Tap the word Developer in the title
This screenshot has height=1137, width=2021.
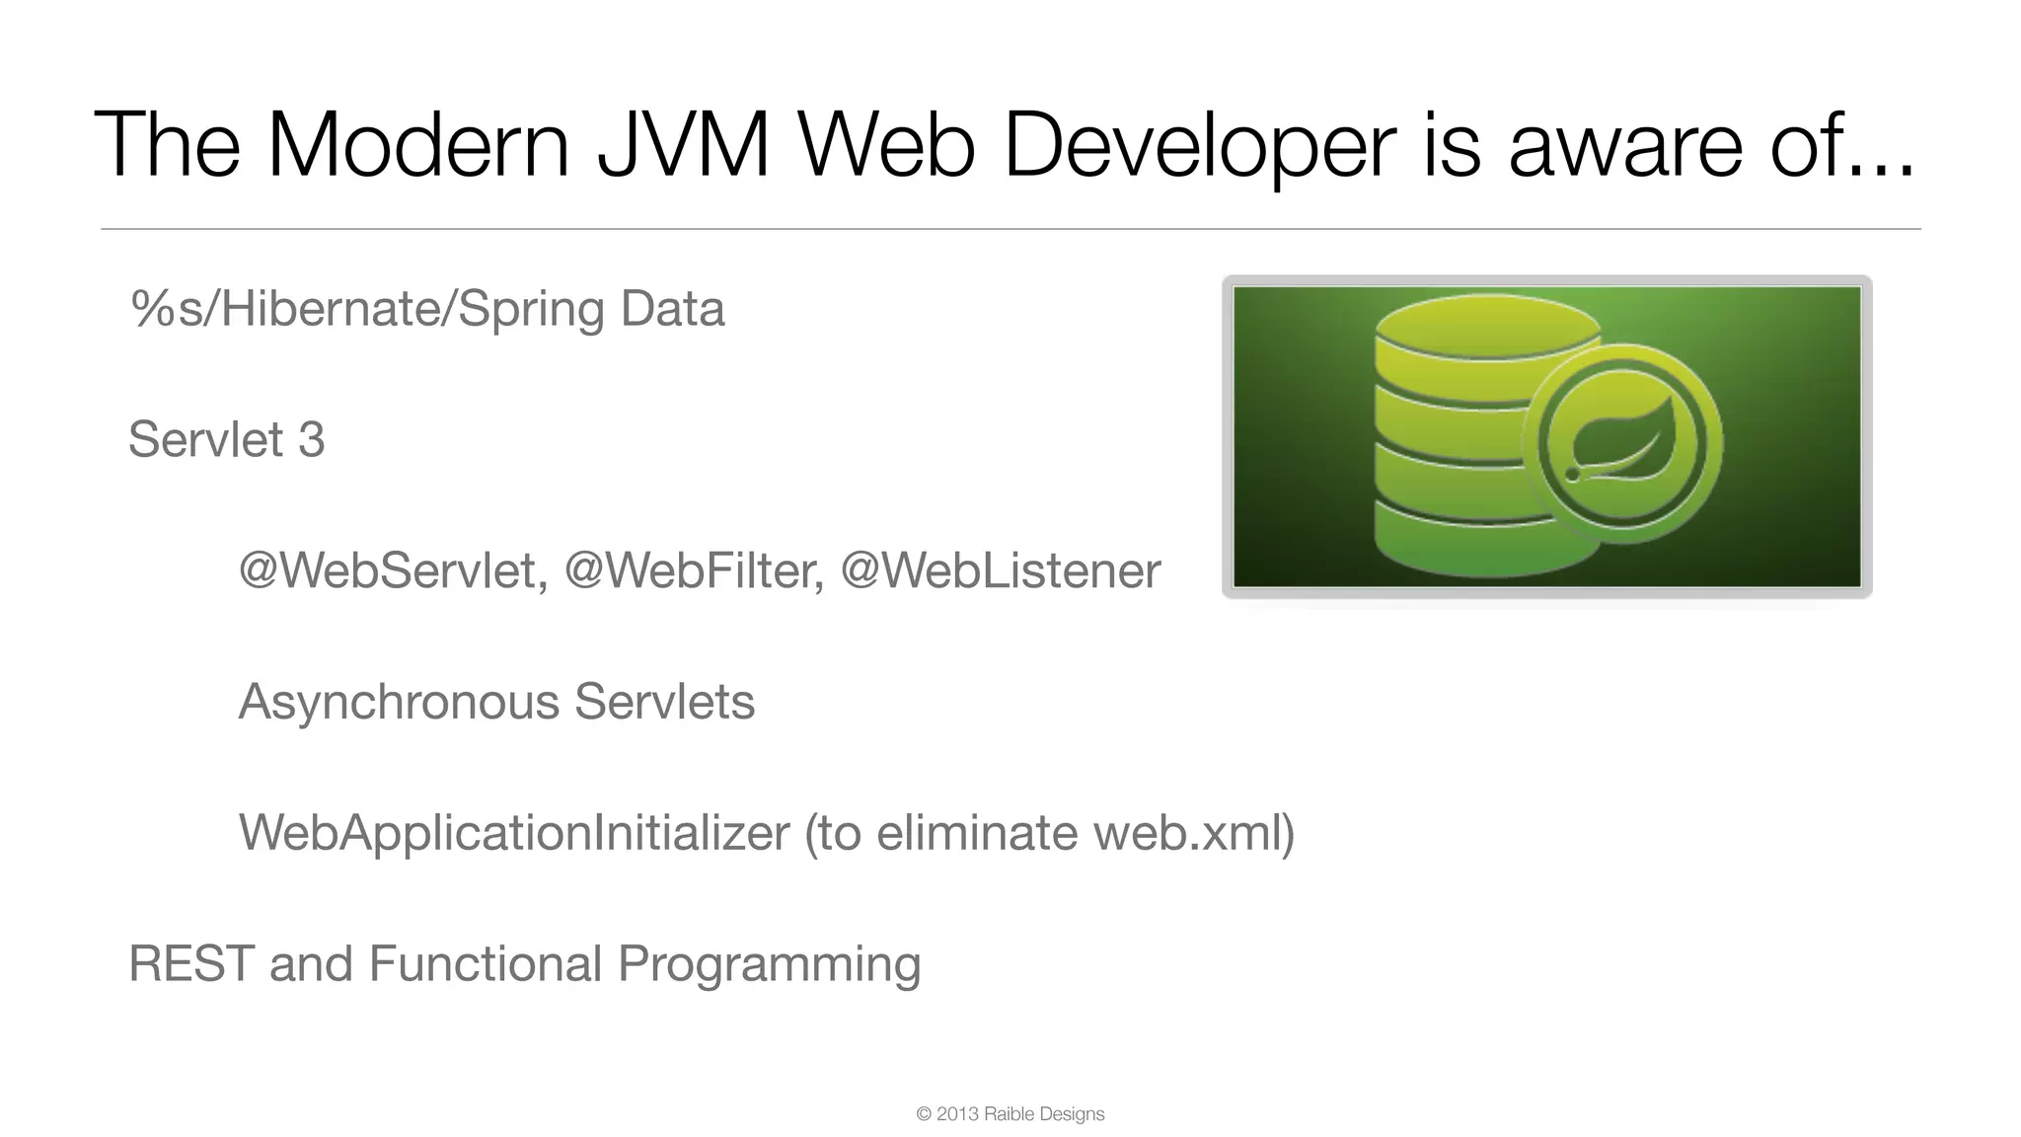point(1199,146)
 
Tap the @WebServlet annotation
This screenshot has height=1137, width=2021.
point(393,570)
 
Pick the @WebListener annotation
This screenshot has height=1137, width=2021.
point(1001,570)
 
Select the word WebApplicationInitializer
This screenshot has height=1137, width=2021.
point(514,832)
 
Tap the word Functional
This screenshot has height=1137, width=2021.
point(485,963)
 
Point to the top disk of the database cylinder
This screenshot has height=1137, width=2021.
point(1487,326)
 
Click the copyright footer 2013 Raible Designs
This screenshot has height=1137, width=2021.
point(1010,1114)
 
